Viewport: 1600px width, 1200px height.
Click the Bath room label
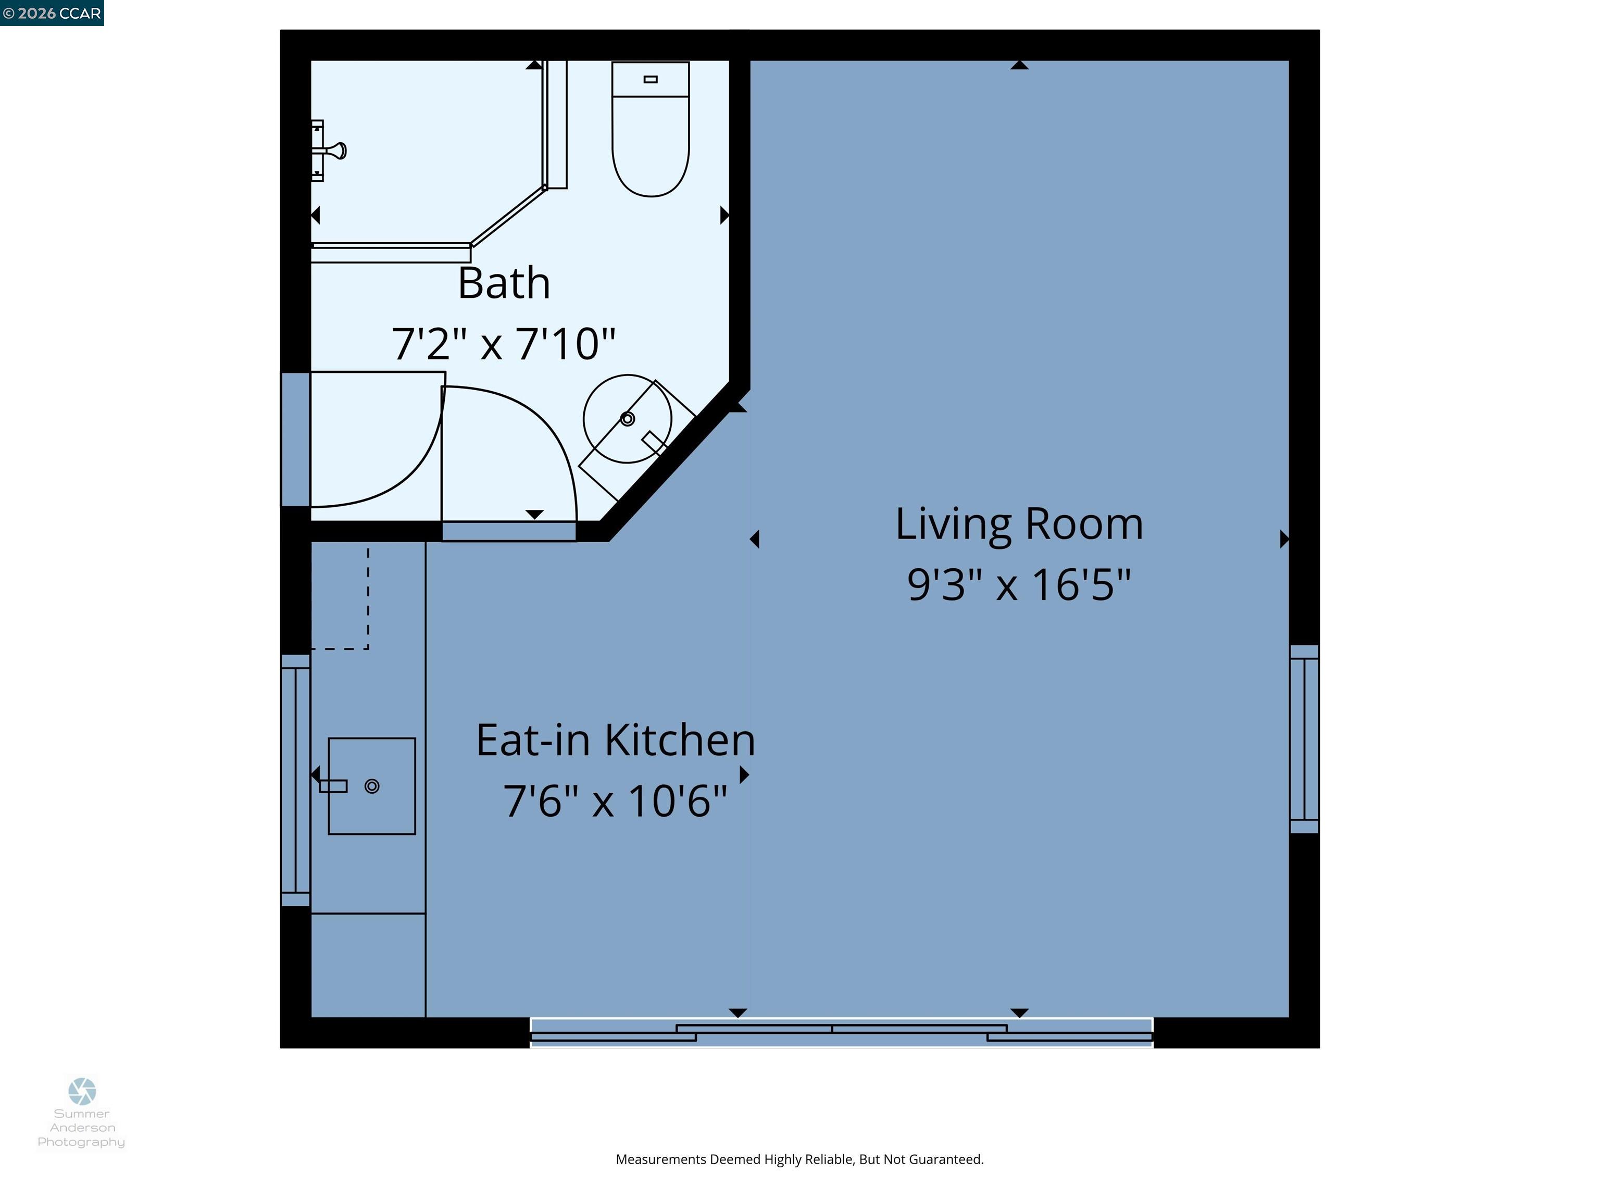[x=504, y=283]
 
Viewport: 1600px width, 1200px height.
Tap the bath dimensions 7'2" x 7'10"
[x=504, y=344]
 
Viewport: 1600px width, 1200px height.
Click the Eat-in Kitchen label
[x=616, y=740]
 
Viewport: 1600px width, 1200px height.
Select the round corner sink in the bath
[x=627, y=419]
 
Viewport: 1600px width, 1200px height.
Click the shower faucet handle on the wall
[x=335, y=151]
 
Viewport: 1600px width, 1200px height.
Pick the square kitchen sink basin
[x=372, y=786]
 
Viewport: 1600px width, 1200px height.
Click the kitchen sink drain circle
[x=372, y=786]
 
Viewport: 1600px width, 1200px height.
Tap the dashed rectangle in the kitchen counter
[x=340, y=597]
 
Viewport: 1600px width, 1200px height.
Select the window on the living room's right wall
[x=1304, y=739]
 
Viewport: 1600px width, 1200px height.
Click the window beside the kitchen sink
[x=295, y=781]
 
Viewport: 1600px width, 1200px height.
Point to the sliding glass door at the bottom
[x=841, y=1033]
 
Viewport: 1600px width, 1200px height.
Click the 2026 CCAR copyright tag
[x=52, y=13]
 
